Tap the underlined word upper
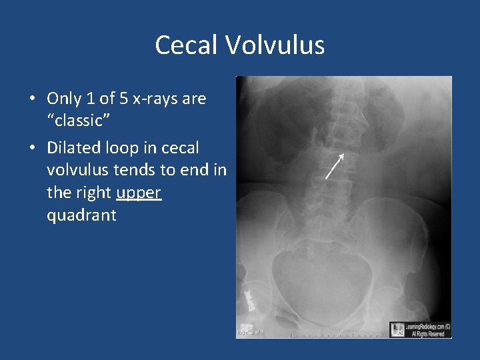point(139,193)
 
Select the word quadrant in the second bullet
point(81,215)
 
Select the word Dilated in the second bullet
point(75,147)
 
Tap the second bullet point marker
point(33,148)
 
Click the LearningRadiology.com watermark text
point(427,326)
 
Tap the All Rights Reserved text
point(427,333)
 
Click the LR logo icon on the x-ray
point(397,329)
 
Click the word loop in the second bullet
point(125,147)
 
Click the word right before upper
point(93,193)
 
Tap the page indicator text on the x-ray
point(251,331)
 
